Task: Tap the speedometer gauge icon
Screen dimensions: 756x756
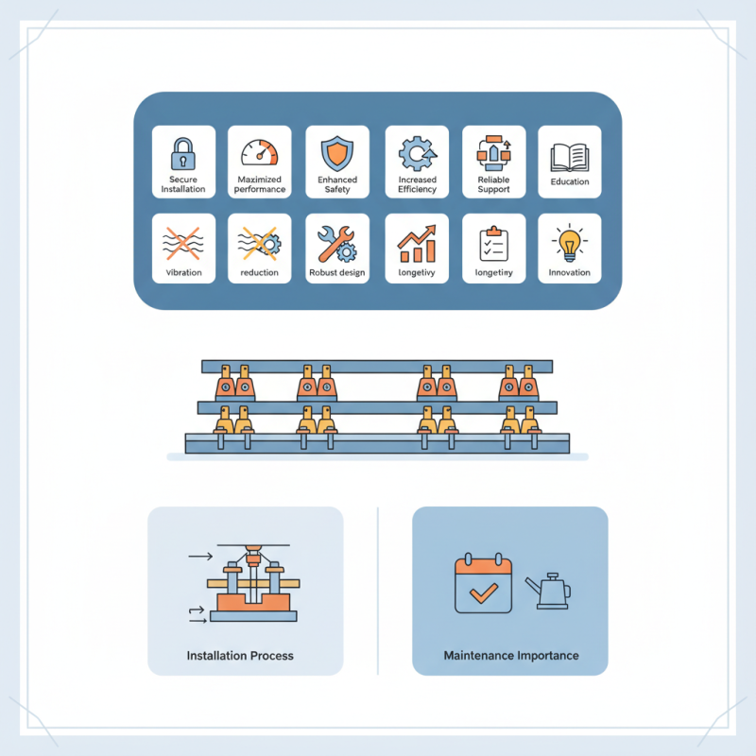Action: tap(260, 152)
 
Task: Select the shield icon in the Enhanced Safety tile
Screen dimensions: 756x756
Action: tap(337, 151)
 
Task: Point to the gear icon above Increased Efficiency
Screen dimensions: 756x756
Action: tap(417, 152)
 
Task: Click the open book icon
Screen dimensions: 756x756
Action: tap(570, 155)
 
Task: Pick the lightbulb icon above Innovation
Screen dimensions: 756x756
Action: tap(570, 243)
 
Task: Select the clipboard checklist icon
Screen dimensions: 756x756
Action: tap(493, 243)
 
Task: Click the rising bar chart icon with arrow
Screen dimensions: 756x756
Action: tap(417, 244)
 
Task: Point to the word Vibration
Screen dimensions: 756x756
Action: tap(183, 273)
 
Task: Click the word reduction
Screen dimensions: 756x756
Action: tap(260, 273)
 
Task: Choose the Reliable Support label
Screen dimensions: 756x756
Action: tap(493, 184)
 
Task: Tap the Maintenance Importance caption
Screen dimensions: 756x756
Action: tap(510, 655)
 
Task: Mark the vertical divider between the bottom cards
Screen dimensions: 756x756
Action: tap(378, 591)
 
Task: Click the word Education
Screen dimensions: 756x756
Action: tap(570, 182)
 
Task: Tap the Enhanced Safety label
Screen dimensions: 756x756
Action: tap(337, 184)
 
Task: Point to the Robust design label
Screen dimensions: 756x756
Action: tap(337, 273)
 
